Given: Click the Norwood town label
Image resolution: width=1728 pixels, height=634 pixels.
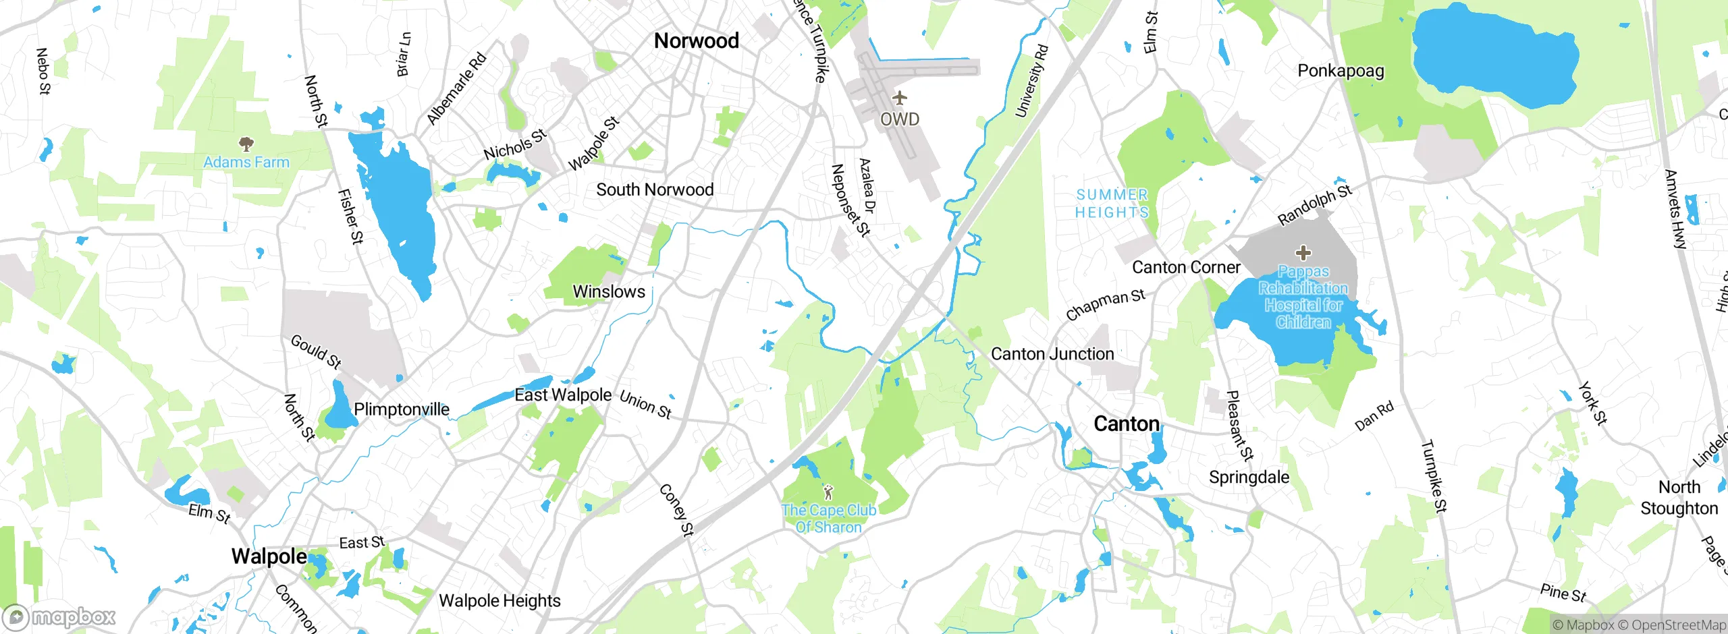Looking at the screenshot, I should coord(696,41).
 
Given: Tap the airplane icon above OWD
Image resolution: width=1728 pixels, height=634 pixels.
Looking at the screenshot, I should coord(899,98).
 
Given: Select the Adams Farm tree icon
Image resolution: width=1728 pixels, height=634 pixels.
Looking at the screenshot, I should coord(246,144).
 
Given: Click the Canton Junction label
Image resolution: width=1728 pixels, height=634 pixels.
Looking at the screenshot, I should coord(1052,354).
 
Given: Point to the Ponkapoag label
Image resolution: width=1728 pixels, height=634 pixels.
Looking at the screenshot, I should coord(1341,71).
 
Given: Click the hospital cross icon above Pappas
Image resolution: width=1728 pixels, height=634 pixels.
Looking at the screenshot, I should coord(1303,253).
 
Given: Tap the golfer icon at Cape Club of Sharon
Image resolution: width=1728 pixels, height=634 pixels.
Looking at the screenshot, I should coord(828,492).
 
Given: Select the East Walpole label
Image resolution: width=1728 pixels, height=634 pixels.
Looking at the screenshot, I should coord(563,395).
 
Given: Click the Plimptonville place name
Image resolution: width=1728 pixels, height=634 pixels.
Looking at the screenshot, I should coord(402,409).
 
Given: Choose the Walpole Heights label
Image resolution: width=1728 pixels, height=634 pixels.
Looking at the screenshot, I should coord(500,601).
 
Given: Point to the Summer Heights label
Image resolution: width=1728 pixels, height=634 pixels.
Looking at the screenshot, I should coord(1112,204).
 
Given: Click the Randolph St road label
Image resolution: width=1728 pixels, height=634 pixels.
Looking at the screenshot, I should coord(1315,205).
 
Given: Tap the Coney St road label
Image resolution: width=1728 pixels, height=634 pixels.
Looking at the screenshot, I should coord(676,511).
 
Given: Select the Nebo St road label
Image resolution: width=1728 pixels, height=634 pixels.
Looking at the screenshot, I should coord(43,71).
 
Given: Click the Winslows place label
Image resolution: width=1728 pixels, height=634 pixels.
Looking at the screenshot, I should coord(609,292).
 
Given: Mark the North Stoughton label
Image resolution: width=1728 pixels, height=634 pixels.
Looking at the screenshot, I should coord(1679,498).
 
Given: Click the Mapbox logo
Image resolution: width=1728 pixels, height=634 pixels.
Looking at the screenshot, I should coord(59,617).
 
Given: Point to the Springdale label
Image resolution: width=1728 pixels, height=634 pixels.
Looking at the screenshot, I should coord(1249,478).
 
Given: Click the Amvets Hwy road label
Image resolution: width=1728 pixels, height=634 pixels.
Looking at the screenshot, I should coord(1675,210).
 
